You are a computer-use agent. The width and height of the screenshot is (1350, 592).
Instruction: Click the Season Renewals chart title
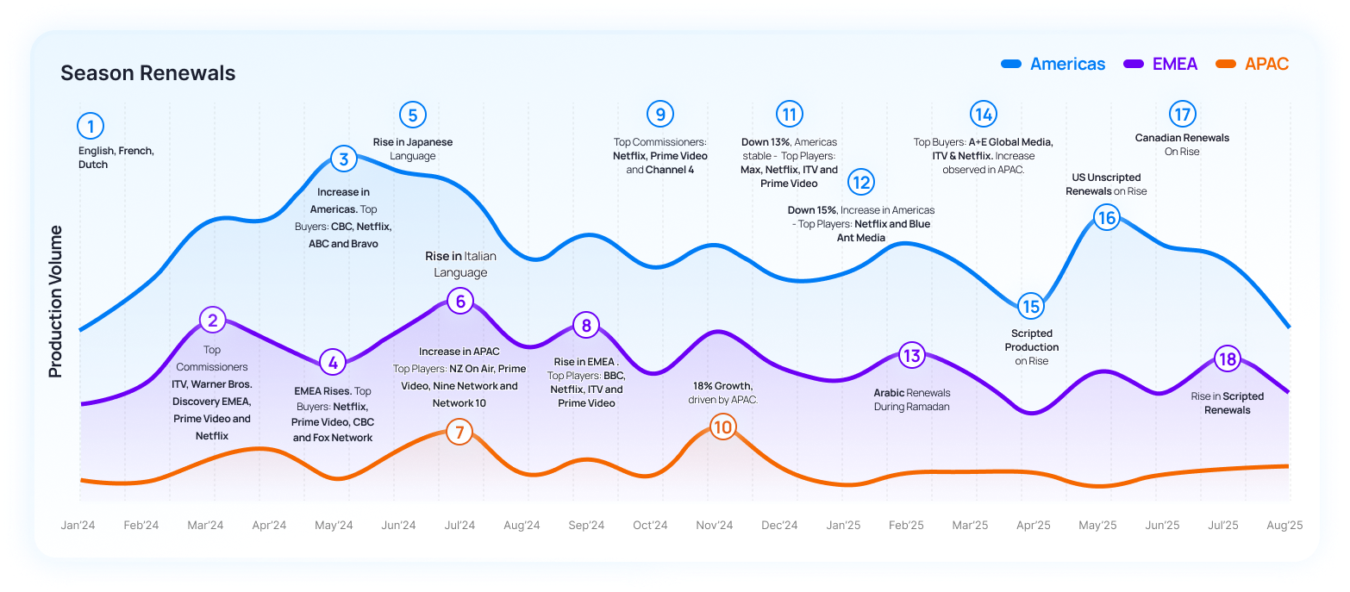click(x=147, y=73)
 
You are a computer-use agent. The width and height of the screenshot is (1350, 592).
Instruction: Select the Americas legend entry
click(x=1067, y=64)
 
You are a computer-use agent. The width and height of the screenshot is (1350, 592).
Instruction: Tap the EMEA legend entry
click(x=1174, y=64)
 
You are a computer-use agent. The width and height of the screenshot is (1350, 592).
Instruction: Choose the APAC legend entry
click(x=1266, y=64)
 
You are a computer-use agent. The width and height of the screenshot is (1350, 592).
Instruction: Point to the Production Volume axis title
click(x=56, y=302)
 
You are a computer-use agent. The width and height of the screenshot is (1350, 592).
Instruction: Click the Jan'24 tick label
click(x=78, y=526)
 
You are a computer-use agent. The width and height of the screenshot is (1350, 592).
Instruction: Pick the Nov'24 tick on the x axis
click(x=715, y=526)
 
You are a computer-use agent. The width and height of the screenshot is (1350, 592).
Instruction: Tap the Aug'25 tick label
click(x=1284, y=526)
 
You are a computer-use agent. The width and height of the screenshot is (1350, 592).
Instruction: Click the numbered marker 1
click(x=90, y=127)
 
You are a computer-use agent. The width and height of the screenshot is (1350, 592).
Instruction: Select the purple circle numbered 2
click(x=212, y=321)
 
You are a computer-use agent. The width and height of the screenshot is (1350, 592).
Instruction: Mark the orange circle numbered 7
click(x=459, y=432)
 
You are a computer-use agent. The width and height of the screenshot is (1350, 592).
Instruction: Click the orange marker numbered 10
click(x=723, y=427)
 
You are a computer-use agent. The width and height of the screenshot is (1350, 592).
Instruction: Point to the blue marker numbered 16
click(x=1106, y=218)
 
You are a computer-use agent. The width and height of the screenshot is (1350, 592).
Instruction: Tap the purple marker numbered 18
click(x=1226, y=359)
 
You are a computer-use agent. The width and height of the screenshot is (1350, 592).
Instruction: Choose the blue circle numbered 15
click(x=1030, y=306)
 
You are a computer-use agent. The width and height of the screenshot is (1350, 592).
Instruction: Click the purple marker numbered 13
click(x=911, y=355)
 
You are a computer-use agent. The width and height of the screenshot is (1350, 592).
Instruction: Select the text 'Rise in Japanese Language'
click(x=412, y=149)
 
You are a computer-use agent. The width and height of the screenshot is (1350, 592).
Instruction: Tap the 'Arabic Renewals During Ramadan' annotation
click(x=911, y=400)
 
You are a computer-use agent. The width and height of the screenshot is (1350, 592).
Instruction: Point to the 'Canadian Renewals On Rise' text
click(x=1182, y=145)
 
